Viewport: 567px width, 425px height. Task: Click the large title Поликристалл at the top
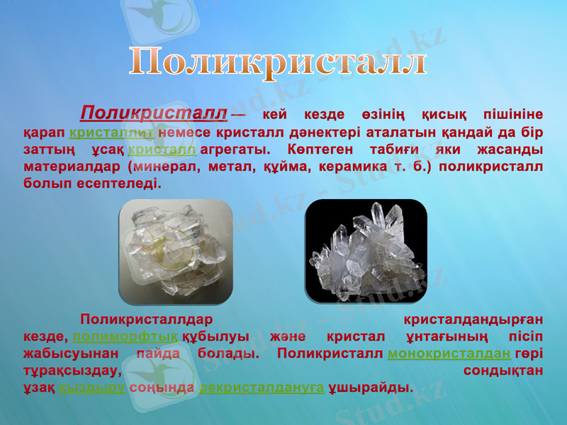pos(279,62)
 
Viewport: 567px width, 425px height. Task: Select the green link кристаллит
pos(113,132)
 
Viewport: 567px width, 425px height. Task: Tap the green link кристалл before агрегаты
pos(162,150)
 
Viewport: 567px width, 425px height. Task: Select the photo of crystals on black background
pos(366,249)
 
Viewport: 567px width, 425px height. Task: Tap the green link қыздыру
pos(93,388)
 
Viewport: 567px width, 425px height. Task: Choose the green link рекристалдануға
pos(262,388)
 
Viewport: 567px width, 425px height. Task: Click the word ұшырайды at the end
pos(371,388)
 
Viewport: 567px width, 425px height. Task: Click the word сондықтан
pos(503,370)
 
